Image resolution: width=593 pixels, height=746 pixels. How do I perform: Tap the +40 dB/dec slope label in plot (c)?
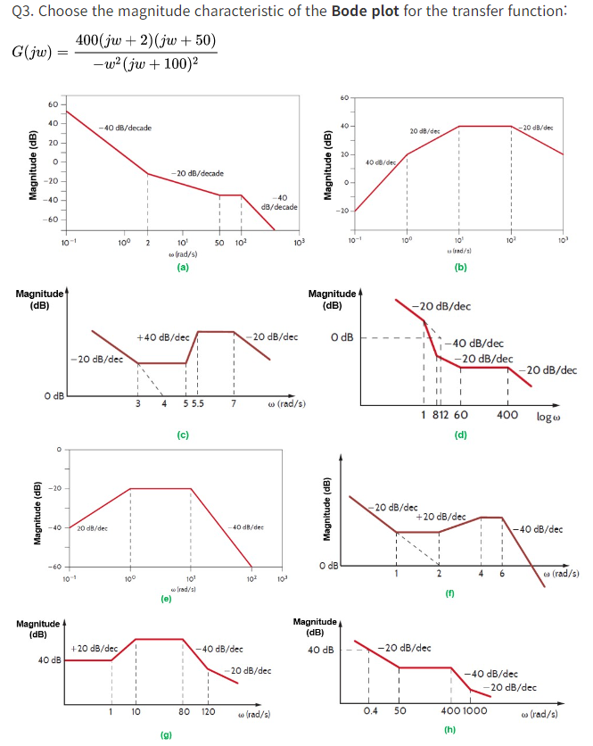(x=161, y=337)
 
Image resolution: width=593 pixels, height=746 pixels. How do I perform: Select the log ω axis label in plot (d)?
(x=550, y=415)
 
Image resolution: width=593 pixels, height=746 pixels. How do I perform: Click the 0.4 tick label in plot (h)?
(x=369, y=710)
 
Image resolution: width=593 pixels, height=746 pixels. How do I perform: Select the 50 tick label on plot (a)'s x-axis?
(x=218, y=243)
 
